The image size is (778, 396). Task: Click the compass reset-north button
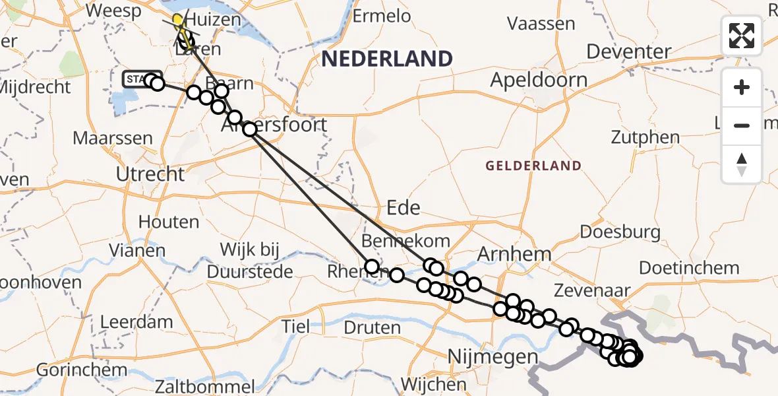point(742,164)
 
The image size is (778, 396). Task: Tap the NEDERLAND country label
point(387,59)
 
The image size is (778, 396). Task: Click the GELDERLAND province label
point(534,166)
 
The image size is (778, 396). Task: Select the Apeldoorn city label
point(540,81)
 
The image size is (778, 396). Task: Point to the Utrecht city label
point(150,175)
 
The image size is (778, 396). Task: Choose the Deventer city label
point(629,51)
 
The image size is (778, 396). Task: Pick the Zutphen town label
point(645,138)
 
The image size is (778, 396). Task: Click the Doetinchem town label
point(689,268)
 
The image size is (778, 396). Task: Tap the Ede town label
point(404,208)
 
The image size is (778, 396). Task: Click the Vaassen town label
point(541,24)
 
